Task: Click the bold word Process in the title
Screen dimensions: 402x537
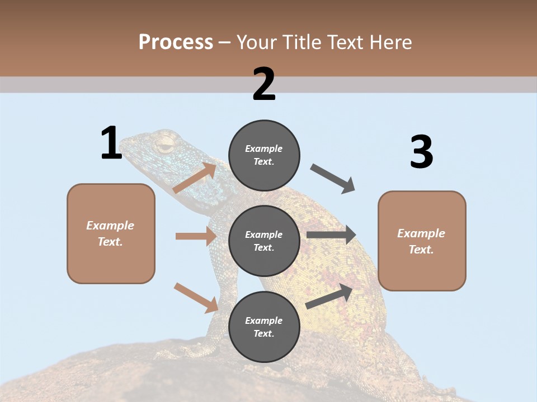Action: point(176,42)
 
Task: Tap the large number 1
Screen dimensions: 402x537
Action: point(111,143)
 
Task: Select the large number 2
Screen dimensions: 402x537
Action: point(264,84)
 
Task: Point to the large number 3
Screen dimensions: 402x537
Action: point(421,152)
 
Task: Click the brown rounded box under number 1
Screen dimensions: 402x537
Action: point(111,233)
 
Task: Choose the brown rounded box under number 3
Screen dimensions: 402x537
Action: point(422,241)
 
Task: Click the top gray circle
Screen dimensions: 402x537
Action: point(264,155)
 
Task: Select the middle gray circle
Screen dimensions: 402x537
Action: point(264,241)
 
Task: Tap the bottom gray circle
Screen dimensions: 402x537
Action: point(264,327)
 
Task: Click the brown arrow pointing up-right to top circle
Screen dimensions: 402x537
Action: point(195,178)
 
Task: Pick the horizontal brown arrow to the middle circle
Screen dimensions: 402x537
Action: point(196,236)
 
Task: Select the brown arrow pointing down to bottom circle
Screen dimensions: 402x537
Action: point(196,298)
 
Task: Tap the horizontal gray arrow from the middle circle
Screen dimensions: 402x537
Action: point(331,235)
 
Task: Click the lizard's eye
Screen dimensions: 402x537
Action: point(164,147)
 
